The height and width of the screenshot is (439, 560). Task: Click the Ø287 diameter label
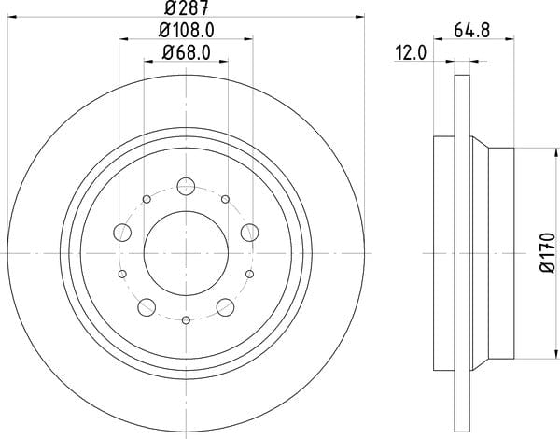[x=186, y=7]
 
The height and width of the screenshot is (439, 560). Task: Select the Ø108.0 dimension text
[x=186, y=31]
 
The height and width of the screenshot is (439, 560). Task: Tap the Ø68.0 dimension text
[x=186, y=53]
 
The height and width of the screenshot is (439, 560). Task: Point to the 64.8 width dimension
[x=471, y=30]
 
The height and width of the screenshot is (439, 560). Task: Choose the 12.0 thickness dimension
[x=411, y=53]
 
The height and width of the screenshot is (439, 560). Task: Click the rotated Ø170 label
[x=548, y=253]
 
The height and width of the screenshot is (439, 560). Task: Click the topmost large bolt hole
[x=186, y=186]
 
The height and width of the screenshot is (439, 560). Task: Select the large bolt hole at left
[x=122, y=233]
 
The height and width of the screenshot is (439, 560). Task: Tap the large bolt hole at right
[x=249, y=233]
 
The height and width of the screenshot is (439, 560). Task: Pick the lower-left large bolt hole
[x=147, y=307]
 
